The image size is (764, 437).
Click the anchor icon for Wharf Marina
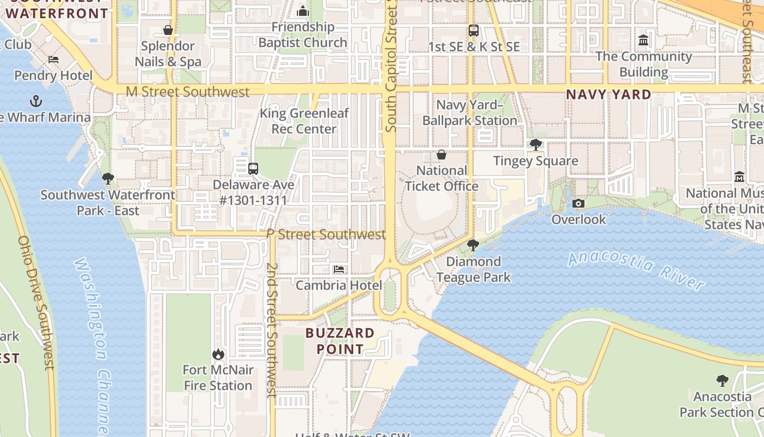35,101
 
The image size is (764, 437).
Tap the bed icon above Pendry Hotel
53,60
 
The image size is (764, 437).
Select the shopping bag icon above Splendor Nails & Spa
168,30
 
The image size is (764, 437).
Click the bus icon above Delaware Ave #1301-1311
253,168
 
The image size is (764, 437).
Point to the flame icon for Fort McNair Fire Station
218,354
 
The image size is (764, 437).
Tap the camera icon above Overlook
578,204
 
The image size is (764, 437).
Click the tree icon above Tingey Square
536,145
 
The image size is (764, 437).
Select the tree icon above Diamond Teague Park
473,245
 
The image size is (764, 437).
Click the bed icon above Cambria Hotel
339,269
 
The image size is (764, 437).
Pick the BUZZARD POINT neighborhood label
340,341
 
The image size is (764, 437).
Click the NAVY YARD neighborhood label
608,95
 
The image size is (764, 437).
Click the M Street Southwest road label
188,92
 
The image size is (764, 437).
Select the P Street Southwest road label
326,234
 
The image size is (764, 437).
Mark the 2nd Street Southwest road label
272,330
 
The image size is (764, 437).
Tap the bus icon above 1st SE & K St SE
474,31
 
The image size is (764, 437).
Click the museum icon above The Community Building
643,40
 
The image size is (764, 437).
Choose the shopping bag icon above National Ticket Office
441,155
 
